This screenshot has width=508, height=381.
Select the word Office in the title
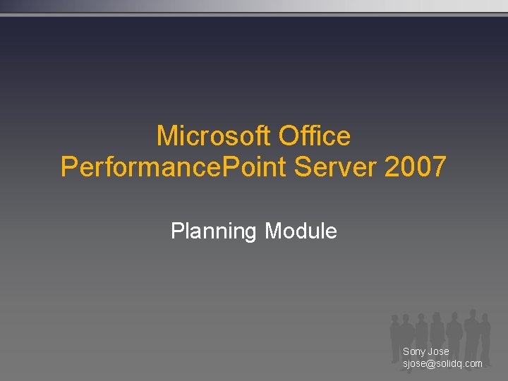click(315, 135)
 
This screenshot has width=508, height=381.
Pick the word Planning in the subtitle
click(214, 231)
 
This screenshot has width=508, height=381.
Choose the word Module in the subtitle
click(301, 231)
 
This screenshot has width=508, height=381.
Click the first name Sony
click(414, 351)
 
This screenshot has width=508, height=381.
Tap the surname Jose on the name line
click(438, 351)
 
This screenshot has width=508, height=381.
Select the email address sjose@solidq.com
click(442, 363)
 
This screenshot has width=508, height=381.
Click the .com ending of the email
click(473, 363)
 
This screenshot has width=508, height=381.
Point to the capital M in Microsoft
click(166, 135)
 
